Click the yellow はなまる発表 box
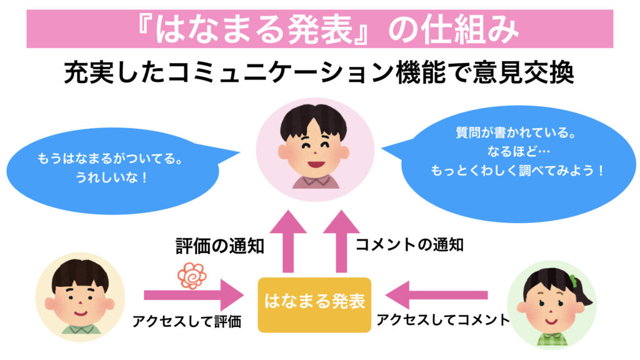click(x=314, y=304)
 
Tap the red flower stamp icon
click(x=191, y=276)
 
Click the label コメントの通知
click(x=409, y=245)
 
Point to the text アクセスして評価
click(x=187, y=322)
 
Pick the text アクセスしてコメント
click(x=443, y=320)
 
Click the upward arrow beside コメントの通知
click(x=340, y=240)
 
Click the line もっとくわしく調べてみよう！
click(x=518, y=170)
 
